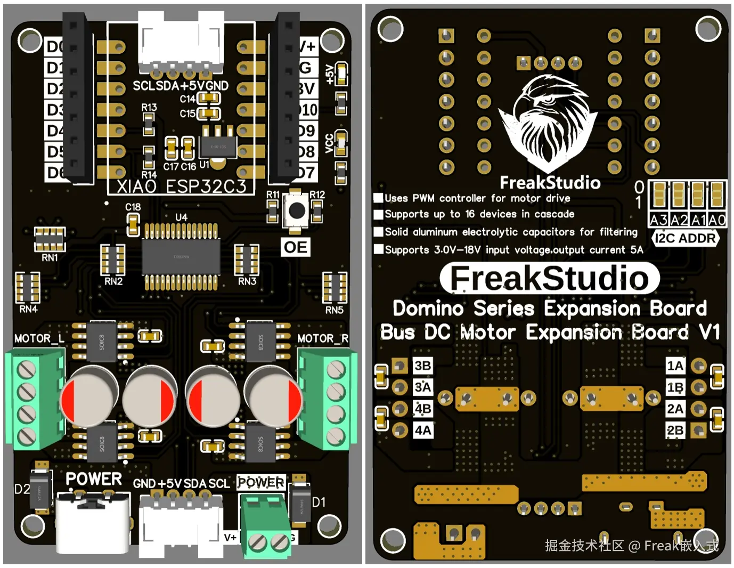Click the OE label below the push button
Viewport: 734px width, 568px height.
295,247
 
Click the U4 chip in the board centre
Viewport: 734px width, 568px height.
181,257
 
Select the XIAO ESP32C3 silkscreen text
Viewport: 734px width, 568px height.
182,186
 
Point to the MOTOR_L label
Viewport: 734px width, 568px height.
39,338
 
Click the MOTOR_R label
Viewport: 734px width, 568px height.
323,338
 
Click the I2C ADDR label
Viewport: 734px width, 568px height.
685,238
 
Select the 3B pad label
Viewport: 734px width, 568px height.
422,366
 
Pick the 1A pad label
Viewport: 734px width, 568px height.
675,366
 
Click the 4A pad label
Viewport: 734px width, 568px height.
423,430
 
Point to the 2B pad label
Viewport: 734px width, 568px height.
675,430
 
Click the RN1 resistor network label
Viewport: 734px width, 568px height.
50,258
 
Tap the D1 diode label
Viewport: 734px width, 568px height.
319,502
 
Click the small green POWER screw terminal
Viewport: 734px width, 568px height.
265,528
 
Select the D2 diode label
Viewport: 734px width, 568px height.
22,489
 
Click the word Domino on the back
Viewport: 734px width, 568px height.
428,309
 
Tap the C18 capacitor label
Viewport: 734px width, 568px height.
133,207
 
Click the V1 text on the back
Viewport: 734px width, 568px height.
709,332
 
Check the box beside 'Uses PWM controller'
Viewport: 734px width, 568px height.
379,198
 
